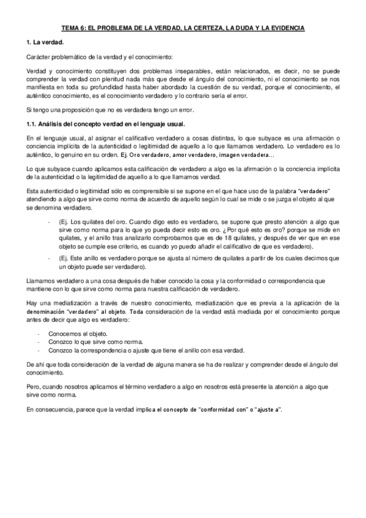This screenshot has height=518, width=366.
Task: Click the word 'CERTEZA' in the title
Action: [x=211, y=28]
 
